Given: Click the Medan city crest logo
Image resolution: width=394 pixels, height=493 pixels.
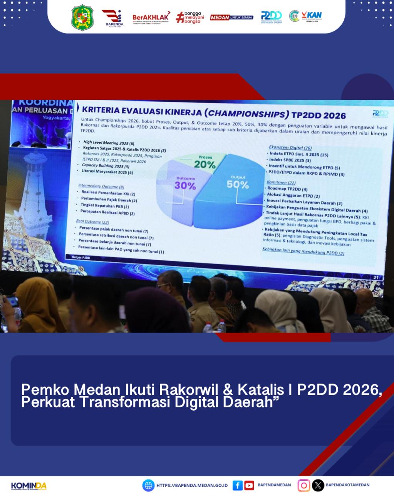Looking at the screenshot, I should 82,17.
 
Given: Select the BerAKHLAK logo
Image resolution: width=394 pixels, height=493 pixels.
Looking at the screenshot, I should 151,17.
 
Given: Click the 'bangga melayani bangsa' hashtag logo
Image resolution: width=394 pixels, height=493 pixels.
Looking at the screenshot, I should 190,17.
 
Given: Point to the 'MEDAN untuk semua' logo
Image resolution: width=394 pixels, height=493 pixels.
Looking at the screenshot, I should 231,17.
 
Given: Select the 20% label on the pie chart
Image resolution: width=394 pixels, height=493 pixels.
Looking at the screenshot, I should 205,164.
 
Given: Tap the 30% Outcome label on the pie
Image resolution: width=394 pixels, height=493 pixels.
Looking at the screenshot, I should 185,185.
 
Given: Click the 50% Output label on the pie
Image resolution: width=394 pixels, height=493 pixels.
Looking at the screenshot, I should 238,184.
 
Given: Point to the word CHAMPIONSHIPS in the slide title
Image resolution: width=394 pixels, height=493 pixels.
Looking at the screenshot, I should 246,114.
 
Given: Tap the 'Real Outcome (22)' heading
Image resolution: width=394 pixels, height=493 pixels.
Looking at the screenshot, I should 92,221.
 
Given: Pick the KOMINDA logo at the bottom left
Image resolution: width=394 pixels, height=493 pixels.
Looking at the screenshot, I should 29,486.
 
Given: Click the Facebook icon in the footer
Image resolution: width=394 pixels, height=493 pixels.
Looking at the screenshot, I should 238,485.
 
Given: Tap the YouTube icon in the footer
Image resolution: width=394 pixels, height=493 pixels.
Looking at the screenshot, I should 249,485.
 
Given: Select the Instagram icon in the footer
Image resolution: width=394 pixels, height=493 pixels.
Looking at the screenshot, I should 303,485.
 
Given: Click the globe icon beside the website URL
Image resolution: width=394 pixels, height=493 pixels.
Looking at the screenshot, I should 148,485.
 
